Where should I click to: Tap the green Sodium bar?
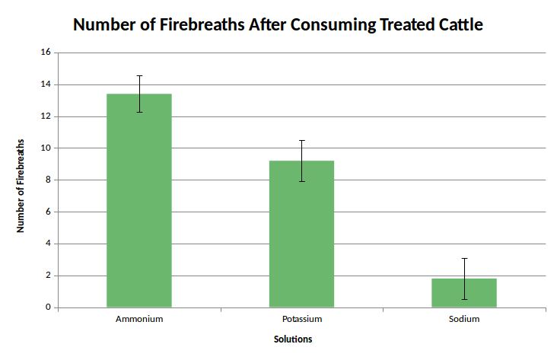[464, 294]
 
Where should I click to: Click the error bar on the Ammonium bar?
[139, 93]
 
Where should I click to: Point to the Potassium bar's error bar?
[301, 160]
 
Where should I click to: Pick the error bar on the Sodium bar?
[464, 278]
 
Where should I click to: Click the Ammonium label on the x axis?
[139, 319]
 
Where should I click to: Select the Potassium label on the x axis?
[301, 319]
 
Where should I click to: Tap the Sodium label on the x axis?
[464, 319]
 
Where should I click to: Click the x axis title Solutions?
[293, 339]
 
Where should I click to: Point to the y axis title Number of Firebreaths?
[21, 186]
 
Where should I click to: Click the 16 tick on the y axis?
[45, 53]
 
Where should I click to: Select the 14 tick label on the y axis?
[45, 84]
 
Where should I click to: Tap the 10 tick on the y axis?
[45, 148]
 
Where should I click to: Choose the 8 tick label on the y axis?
[47, 180]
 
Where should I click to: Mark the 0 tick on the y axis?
[47, 307]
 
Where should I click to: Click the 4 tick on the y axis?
[47, 244]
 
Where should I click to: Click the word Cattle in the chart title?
[456, 25]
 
